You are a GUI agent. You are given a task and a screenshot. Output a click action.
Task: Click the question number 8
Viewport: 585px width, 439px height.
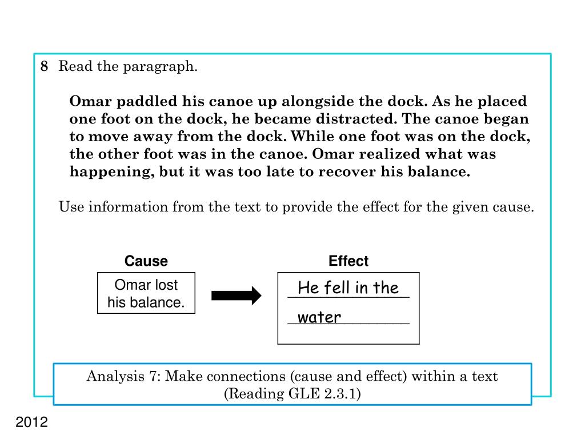coord(44,67)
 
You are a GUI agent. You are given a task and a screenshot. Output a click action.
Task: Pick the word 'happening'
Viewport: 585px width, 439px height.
coord(108,172)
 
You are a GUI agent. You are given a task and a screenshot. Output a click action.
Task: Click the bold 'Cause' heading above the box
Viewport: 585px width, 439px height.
coord(146,262)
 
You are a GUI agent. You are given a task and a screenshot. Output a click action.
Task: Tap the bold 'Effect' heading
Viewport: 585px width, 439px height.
coord(348,262)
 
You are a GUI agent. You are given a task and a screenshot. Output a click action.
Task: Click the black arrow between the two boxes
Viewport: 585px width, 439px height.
coord(236,296)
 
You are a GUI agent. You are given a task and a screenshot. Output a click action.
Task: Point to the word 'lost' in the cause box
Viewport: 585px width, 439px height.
coord(166,285)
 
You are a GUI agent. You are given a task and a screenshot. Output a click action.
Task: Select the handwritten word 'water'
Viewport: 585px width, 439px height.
coord(319,318)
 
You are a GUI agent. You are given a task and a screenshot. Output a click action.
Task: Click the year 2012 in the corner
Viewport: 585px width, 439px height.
coord(32,423)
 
